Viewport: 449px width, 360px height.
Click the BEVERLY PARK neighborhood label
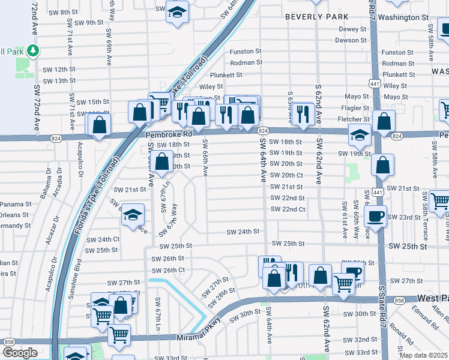tap(316, 17)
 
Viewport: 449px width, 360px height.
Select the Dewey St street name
tap(352, 29)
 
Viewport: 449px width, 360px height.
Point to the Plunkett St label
tap(226, 75)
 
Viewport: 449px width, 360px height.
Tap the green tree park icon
tap(34, 50)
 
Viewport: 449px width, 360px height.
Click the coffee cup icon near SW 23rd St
tap(376, 215)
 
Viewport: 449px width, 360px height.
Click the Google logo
tap(20, 353)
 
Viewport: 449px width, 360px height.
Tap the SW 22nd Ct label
tap(288, 209)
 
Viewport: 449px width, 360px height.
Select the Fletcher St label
tap(354, 119)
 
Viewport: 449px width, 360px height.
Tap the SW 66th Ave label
tap(205, 158)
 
